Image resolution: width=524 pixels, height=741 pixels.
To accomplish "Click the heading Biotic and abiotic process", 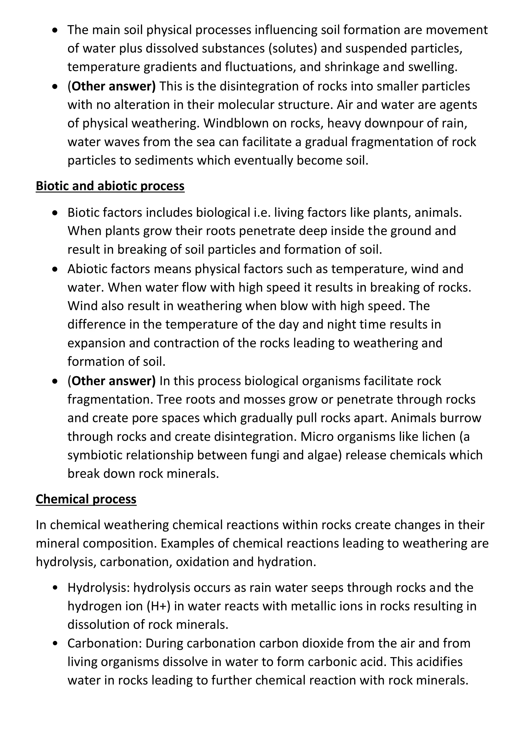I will (x=110, y=186).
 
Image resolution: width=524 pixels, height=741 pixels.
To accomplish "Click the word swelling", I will (x=432, y=67).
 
